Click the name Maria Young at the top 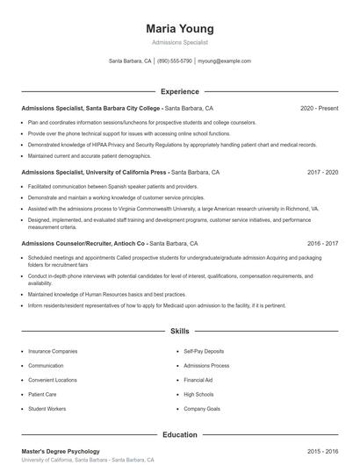point(179,28)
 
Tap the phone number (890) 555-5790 point(175,61)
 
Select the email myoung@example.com point(225,61)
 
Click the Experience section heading point(179,91)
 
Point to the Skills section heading point(179,332)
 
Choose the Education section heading point(179,434)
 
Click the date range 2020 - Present point(319,109)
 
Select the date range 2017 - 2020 point(322,173)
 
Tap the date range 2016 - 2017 point(322,243)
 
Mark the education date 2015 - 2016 point(322,451)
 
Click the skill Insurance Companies point(53,351)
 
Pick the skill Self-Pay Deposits point(204,351)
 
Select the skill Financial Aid point(198,380)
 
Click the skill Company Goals point(201,409)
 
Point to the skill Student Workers point(47,409)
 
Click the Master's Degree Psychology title point(61,451)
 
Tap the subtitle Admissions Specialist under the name point(179,42)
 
